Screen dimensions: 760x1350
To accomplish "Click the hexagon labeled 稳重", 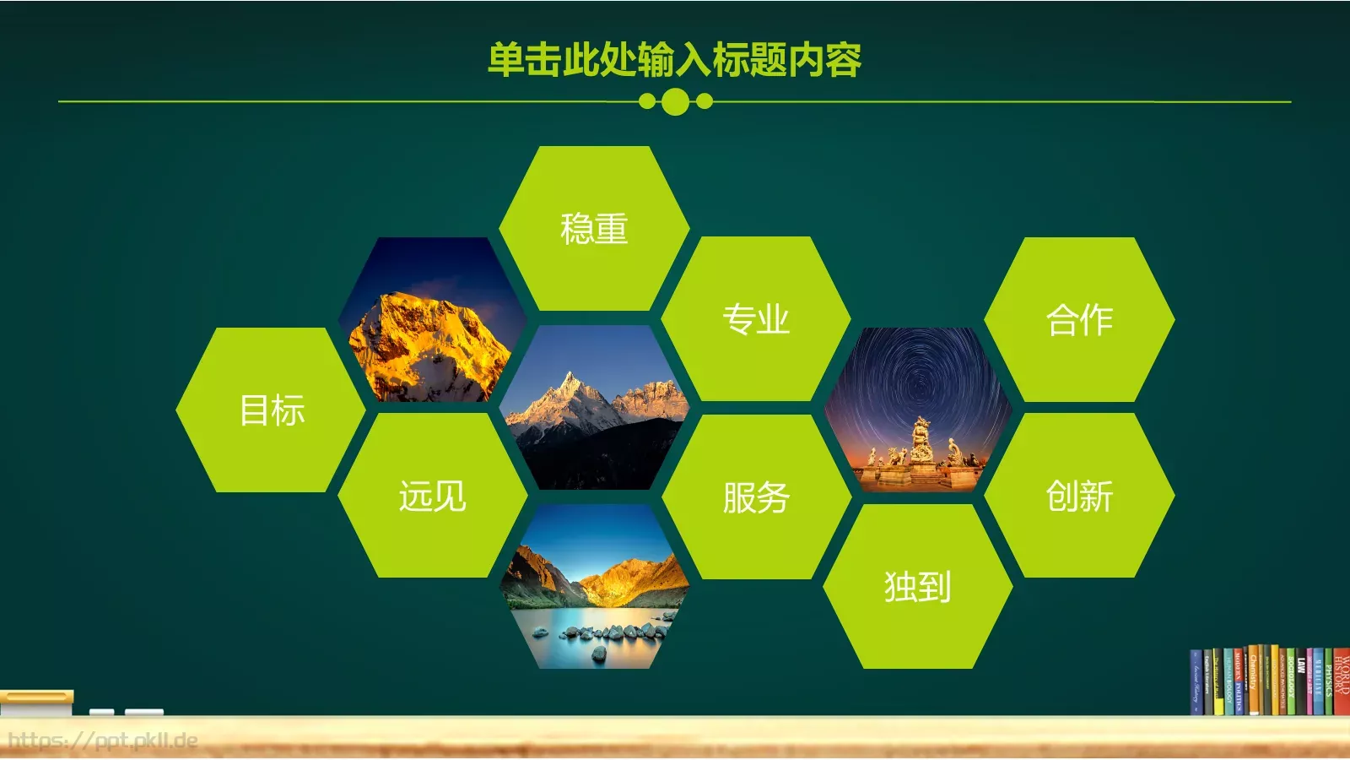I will point(594,228).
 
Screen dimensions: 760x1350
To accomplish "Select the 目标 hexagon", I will point(271,410).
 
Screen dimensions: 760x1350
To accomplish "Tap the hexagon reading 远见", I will point(433,496).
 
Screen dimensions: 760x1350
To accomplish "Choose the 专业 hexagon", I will point(755,319).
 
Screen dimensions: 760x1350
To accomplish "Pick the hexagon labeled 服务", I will point(756,497).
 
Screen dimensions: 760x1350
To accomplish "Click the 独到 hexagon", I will point(917,586).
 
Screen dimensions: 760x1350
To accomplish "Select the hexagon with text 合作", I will point(1079,319).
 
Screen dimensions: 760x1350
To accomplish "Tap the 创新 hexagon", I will point(1079,496).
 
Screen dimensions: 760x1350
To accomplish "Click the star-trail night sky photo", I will point(917,410).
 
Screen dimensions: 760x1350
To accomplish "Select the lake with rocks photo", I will point(594,591).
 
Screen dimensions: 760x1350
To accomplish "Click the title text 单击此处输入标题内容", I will point(674,60).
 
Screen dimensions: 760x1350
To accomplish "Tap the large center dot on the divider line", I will point(675,102).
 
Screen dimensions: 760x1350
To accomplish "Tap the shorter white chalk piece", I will point(101,712).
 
